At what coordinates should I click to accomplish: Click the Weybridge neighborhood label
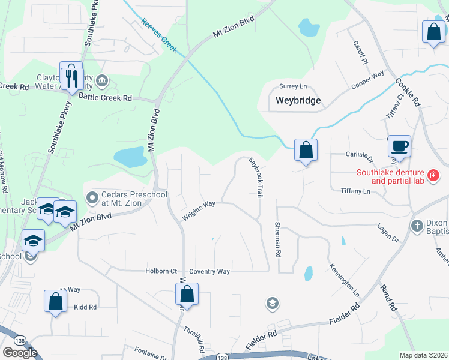tap(298, 100)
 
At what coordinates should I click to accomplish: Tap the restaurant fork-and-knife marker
tap(71, 77)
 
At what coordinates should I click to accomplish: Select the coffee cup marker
tap(399, 146)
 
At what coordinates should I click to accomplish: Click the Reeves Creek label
tap(160, 35)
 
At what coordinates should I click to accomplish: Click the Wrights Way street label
tap(199, 210)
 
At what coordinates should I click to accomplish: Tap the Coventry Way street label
tap(209, 272)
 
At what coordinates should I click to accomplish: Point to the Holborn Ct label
tap(161, 271)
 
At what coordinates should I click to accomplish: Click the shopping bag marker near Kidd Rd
tap(55, 302)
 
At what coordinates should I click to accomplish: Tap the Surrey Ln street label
tap(292, 86)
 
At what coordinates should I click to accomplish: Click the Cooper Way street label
tap(367, 80)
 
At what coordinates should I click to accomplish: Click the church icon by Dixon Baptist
tap(417, 226)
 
